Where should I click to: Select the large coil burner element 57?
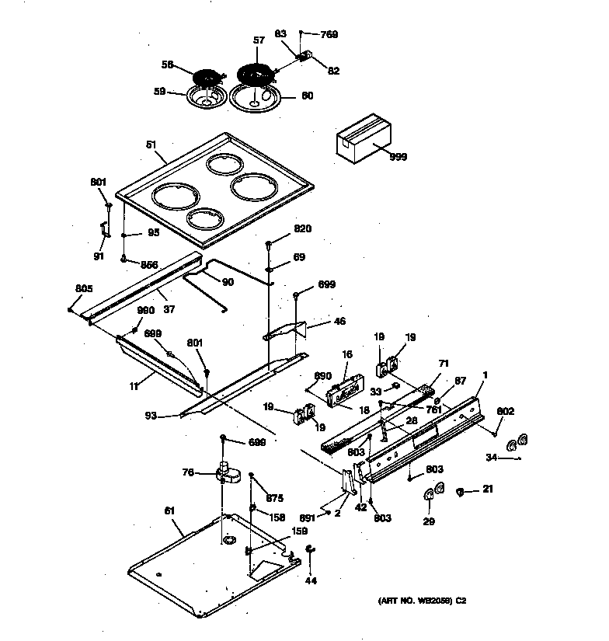255,76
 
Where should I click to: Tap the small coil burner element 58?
206,80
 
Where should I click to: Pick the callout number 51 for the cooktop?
151,145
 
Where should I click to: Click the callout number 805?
84,289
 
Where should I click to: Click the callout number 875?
275,498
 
